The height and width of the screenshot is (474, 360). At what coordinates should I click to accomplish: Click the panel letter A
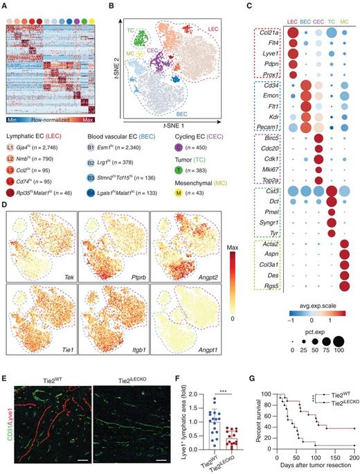tap(5, 5)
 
